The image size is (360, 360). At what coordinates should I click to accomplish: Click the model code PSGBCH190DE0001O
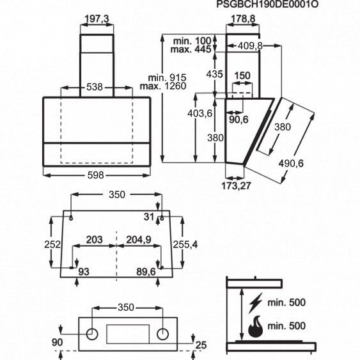[267, 4]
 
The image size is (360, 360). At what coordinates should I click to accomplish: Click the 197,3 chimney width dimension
[97, 19]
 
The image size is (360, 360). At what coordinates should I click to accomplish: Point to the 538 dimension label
[95, 87]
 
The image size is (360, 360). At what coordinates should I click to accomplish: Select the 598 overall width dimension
[96, 175]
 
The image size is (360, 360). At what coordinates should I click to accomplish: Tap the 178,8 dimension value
[243, 19]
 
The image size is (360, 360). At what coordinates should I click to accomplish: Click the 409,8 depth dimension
[250, 46]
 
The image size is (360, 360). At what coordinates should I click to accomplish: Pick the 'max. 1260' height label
[163, 86]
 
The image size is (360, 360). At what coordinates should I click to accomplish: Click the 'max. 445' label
[191, 49]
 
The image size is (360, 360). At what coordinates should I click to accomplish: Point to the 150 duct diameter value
[242, 75]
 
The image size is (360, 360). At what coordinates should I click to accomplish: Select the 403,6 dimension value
[200, 113]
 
